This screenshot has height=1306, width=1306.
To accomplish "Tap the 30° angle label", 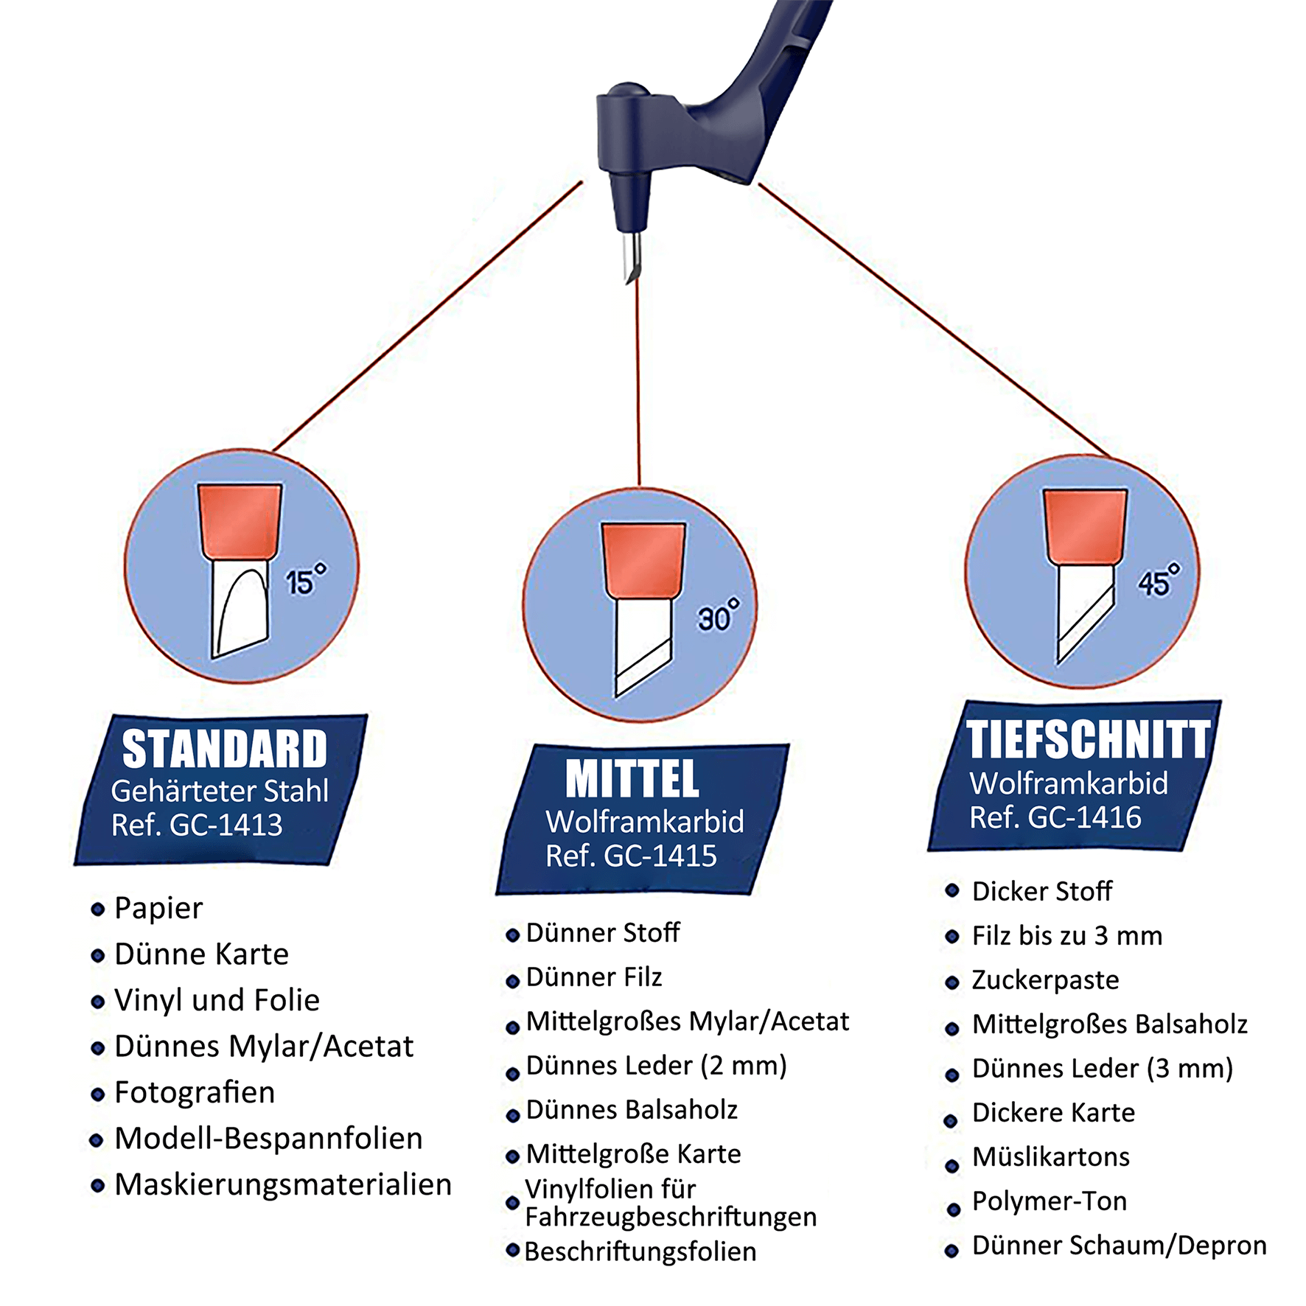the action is pos(718,615).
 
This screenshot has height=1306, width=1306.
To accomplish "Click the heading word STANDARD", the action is pos(225,749).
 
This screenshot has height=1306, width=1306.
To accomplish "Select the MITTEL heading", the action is pos(632,779).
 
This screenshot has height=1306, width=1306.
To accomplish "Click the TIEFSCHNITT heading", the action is pos(1089,740).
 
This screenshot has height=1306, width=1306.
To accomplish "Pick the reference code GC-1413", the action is pos(226,825).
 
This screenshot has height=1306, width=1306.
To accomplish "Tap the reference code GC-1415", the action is pos(660,856).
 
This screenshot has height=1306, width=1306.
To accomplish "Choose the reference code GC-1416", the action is pos(1084,817).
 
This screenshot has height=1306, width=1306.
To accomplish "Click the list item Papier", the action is pos(158,909).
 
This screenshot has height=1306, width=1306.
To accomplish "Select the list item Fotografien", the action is pos(195,1092).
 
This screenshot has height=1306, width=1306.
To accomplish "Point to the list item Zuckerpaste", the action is pos(1045,980).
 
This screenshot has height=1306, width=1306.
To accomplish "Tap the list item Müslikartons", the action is pos(1051,1157).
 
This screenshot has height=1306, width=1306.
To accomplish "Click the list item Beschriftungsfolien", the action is pos(640,1251).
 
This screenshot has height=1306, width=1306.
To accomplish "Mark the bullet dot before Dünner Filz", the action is pos(513,981).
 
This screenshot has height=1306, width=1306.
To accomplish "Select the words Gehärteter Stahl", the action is pos(220,792).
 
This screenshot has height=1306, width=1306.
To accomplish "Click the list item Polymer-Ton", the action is pos(1050,1201).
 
